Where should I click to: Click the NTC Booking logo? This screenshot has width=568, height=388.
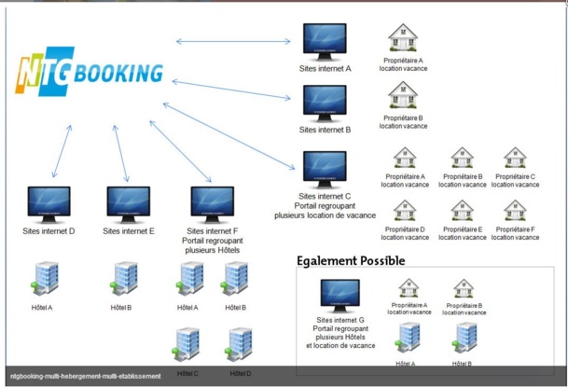[89, 74]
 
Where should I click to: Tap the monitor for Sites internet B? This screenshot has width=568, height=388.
[325, 104]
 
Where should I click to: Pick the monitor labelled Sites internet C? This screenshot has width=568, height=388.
[325, 169]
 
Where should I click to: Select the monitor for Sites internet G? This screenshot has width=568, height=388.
[339, 296]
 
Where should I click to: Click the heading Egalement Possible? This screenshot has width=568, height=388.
[351, 261]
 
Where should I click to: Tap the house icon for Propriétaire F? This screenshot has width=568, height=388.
[514, 211]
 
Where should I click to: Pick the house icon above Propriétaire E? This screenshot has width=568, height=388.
[462, 211]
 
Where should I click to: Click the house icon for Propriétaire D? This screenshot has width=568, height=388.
[403, 211]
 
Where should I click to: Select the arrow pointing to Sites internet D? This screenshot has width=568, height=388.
[62, 150]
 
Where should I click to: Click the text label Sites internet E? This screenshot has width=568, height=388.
[129, 230]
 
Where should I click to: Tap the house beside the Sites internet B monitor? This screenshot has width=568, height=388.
[402, 95]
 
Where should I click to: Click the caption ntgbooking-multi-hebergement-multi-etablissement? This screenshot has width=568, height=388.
[87, 376]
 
